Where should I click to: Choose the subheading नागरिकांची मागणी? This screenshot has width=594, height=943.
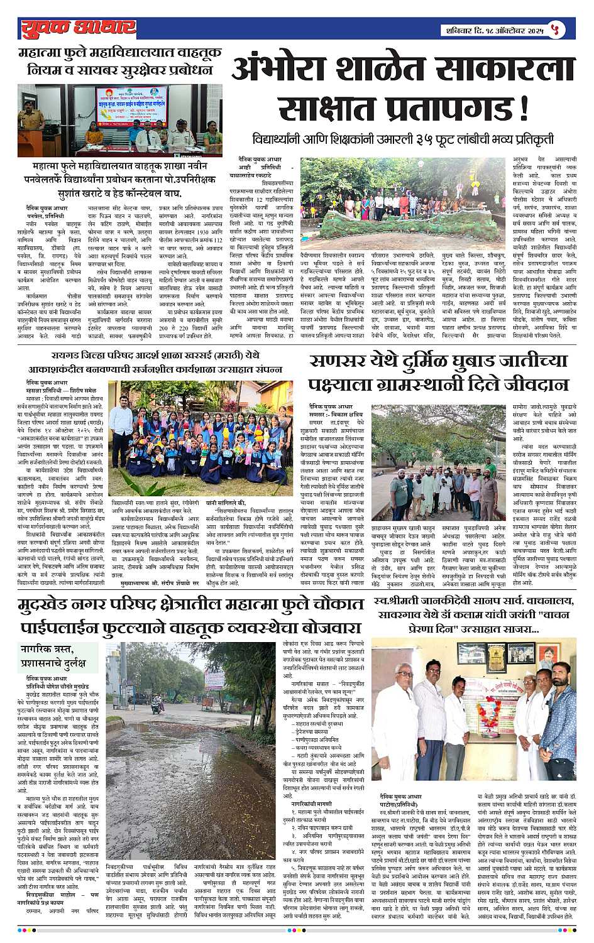307,803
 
